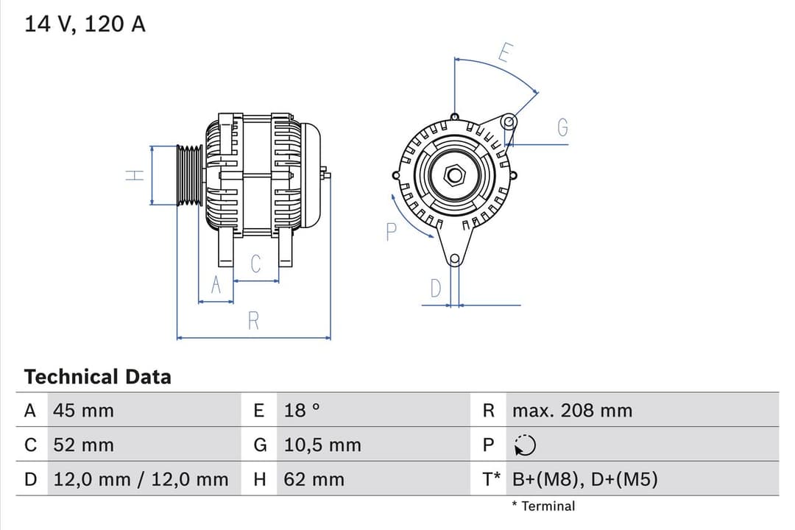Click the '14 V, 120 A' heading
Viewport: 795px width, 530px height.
click(85, 24)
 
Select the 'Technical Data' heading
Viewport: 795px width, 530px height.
click(97, 377)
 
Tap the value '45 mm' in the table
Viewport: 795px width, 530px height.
click(83, 411)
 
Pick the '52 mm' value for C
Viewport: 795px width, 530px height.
click(83, 445)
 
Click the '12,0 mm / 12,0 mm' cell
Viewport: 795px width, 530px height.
click(141, 480)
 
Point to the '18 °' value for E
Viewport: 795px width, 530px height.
click(302, 411)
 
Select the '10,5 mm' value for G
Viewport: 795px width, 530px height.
click(322, 445)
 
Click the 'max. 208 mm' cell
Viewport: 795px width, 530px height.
click(572, 411)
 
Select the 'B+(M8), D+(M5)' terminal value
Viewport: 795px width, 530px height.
click(584, 480)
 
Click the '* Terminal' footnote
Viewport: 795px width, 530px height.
click(543, 506)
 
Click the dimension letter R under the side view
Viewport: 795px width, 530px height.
click(253, 321)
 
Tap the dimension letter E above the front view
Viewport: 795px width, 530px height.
click(505, 53)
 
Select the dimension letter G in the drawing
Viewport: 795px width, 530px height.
click(562, 128)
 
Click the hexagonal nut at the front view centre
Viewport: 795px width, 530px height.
click(455, 174)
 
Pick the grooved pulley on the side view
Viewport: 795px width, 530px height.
click(190, 175)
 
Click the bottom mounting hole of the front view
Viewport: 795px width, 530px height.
click(454, 258)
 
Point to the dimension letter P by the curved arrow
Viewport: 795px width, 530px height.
click(391, 232)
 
